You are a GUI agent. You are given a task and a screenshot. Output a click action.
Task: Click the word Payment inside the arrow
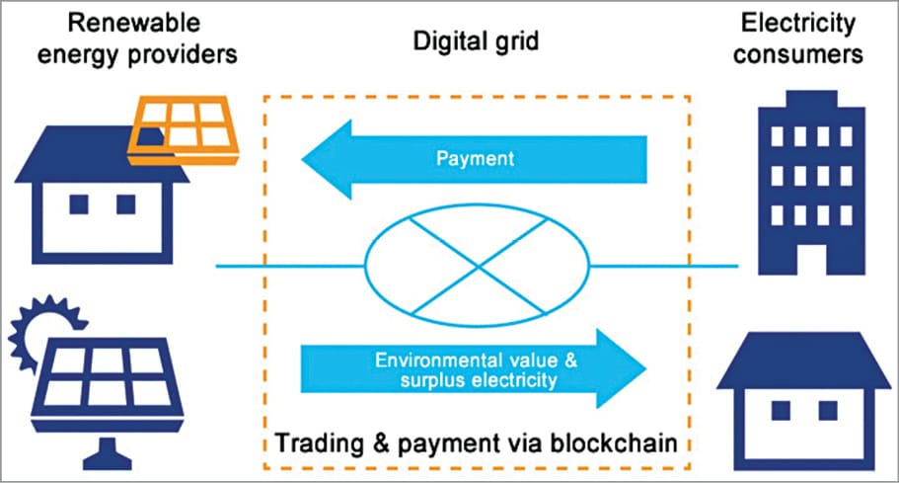tap(473, 157)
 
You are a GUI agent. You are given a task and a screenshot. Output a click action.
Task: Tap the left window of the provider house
tap(78, 204)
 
